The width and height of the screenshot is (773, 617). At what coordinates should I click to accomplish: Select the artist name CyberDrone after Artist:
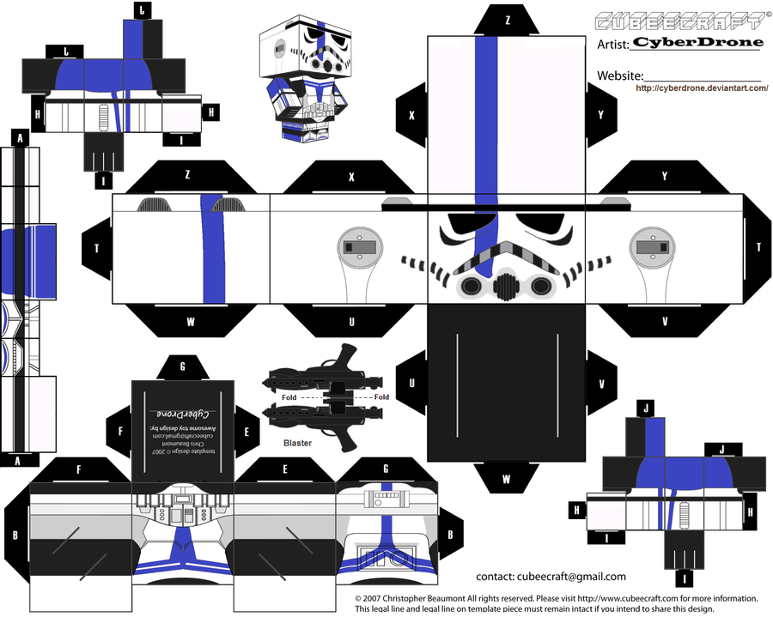[x=697, y=42]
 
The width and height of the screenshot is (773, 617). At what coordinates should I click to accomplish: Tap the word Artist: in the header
[x=613, y=43]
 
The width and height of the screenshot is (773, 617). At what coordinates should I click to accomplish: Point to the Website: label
[x=620, y=76]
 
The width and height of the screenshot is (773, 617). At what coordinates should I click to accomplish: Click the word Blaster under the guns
[x=297, y=444]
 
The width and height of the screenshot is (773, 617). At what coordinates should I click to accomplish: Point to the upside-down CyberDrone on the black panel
[x=182, y=402]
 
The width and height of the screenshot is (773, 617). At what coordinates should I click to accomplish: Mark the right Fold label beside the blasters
[x=381, y=397]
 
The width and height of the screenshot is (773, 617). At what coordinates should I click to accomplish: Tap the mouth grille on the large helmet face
[x=502, y=283]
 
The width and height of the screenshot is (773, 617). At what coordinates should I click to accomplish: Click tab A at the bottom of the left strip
[x=18, y=461]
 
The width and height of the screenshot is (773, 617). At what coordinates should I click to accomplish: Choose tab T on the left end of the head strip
[x=96, y=247]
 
